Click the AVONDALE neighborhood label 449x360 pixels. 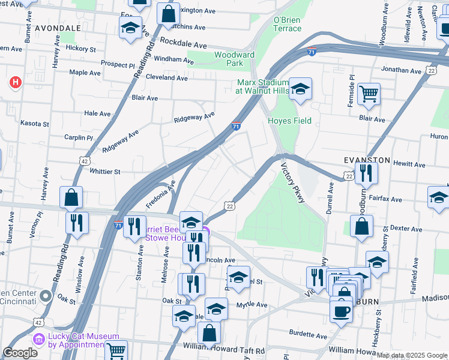point(58,28)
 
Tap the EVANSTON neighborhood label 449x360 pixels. point(367,161)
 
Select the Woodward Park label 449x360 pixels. point(235,59)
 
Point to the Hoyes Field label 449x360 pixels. point(289,121)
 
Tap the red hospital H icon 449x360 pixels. point(16,82)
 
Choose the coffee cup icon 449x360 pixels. point(342,311)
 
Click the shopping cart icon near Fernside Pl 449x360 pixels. point(369,93)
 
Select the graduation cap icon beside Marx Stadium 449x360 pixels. point(300,89)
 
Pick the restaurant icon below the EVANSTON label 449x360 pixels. point(366,173)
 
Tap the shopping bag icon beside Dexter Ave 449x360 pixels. point(361,227)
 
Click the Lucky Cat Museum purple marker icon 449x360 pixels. point(40,340)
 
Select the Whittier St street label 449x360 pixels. point(105,172)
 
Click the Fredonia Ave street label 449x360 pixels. point(161,196)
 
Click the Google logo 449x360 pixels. point(20,353)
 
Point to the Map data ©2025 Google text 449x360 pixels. point(411,355)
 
